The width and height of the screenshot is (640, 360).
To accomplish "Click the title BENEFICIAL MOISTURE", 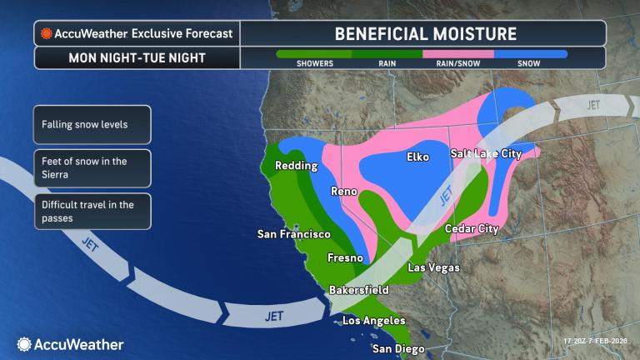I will [425, 34].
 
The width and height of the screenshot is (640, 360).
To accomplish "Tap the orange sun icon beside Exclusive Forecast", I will [46, 34].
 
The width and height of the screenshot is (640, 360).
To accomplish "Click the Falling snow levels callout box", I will [92, 124].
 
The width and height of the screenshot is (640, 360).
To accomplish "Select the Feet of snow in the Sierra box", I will [92, 167].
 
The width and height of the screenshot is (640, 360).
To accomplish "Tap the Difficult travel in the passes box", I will [92, 211].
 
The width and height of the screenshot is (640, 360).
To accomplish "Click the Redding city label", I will [296, 166].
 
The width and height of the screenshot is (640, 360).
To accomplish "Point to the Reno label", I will [344, 192].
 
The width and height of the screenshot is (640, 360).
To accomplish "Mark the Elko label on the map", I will [418, 157].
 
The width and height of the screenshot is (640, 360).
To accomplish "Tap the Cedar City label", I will [472, 229].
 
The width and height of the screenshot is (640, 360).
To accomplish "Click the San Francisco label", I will [292, 235].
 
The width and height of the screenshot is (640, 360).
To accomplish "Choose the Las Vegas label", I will [432, 267].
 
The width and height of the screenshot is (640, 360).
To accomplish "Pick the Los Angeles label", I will [373, 321].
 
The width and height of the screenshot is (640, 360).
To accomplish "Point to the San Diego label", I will [397, 348].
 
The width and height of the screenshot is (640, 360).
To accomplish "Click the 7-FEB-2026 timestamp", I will [597, 341].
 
